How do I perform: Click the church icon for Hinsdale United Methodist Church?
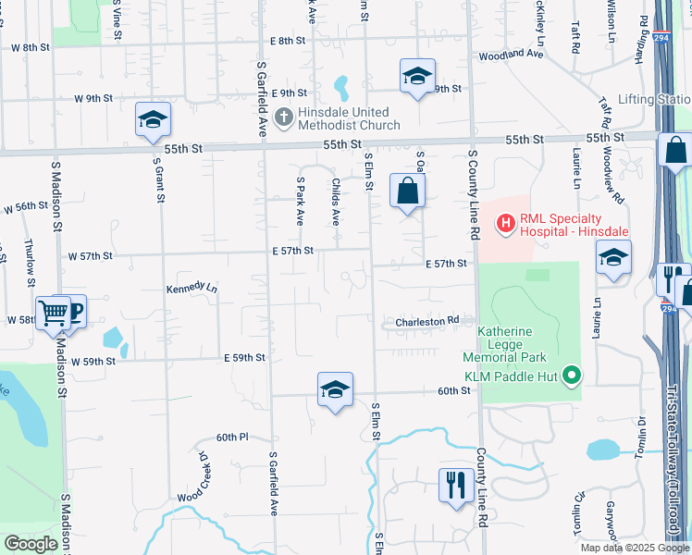(x=284, y=117)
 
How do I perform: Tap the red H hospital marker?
(x=506, y=222)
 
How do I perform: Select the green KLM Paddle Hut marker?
(x=572, y=376)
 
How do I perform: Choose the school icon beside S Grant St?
(x=153, y=119)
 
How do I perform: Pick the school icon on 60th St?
(x=335, y=388)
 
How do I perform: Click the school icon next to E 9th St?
(x=417, y=76)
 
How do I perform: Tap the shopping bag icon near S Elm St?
(x=406, y=191)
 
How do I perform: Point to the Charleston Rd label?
(x=427, y=322)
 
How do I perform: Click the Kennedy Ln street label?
(x=192, y=289)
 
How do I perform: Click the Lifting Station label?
(x=654, y=99)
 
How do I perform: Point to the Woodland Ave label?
(x=511, y=55)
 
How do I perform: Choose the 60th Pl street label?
(x=233, y=437)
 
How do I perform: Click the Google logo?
(x=31, y=544)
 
